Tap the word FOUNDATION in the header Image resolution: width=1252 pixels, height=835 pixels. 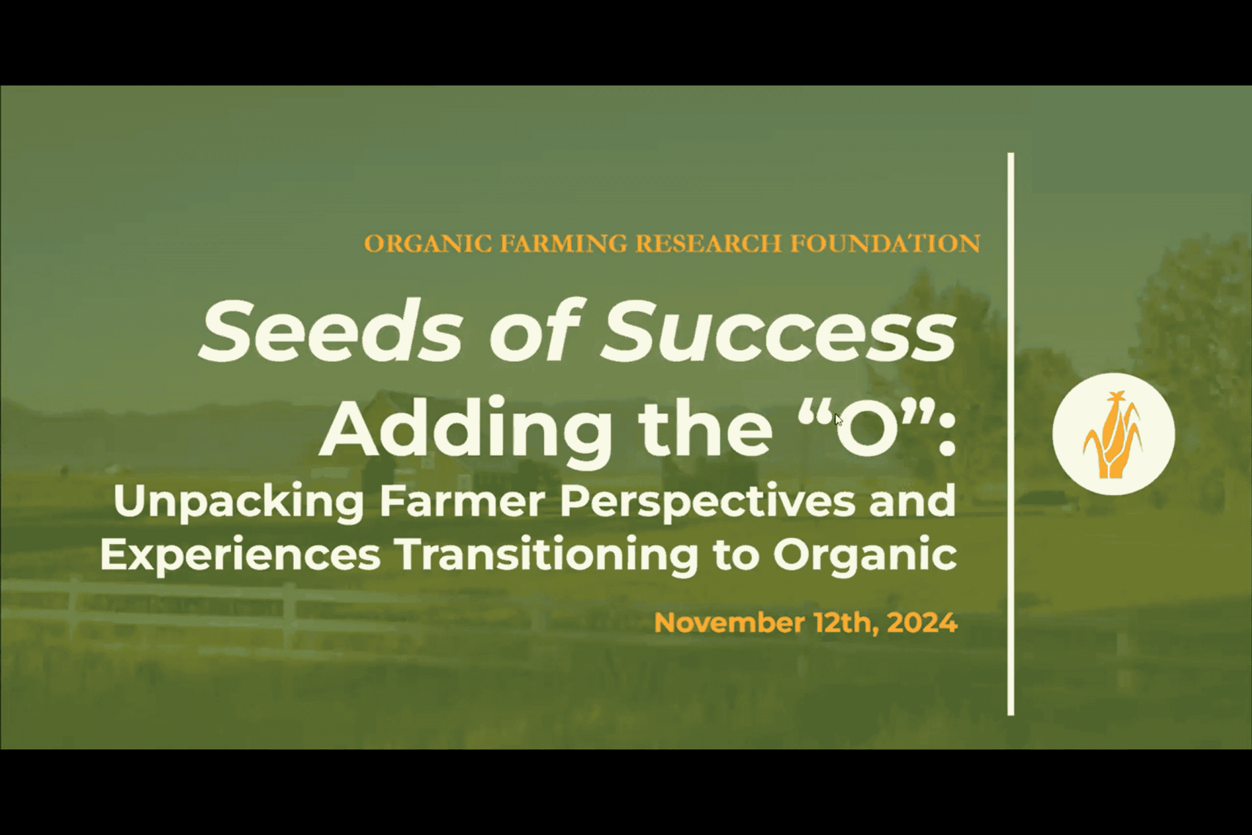[885, 243]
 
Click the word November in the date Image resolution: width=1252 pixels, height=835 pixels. [729, 622]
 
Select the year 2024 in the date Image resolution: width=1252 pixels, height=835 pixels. [922, 622]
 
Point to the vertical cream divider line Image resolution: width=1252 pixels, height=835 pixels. [1011, 434]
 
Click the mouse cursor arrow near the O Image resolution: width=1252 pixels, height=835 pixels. [839, 420]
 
